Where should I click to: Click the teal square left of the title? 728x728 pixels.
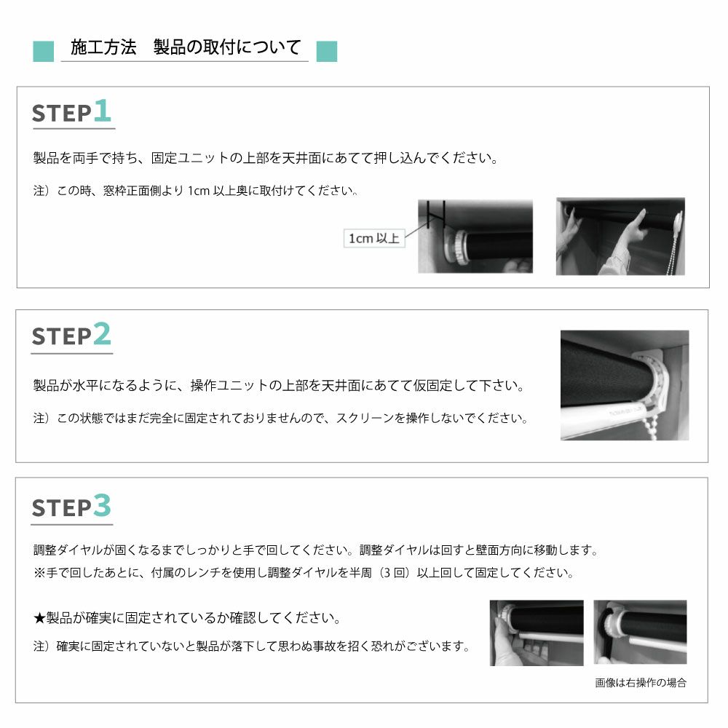[43, 51]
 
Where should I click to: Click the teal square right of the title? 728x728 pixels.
[327, 51]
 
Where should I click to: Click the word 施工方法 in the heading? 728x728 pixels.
[103, 47]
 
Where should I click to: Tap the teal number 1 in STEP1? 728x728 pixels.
[102, 111]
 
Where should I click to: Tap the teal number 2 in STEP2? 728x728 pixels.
[102, 334]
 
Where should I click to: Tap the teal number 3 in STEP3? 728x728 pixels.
[102, 505]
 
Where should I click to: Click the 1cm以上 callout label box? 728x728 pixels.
[374, 238]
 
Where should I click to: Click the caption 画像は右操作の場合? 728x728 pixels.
[641, 683]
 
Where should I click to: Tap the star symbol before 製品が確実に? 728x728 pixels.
[39, 618]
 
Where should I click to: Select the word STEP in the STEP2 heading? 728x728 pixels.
[62, 336]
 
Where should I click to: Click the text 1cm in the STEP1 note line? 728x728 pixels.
[199, 191]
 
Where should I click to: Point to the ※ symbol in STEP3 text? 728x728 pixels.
[39, 573]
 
